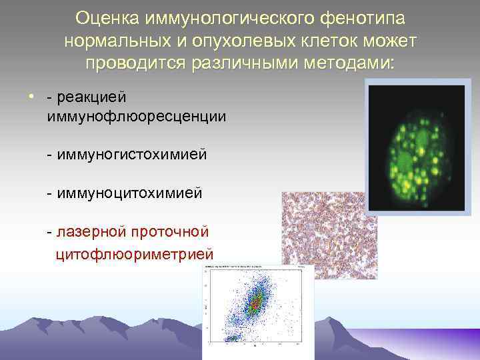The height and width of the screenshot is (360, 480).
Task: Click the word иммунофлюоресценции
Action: [x=136, y=116]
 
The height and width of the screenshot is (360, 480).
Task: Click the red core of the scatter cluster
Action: [x=254, y=303]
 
